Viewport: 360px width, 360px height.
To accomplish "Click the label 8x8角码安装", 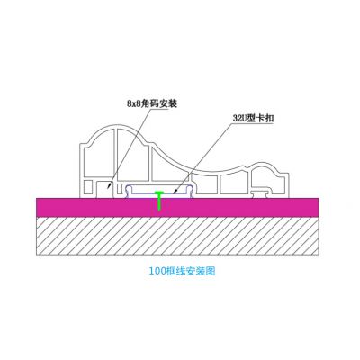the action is [152, 103].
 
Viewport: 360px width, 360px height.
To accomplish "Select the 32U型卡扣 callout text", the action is [254, 118].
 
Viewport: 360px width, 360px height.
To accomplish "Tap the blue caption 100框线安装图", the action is [183, 271].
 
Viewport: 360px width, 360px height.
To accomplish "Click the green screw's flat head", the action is [158, 193].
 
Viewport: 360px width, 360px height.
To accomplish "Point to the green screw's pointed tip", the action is [159, 211].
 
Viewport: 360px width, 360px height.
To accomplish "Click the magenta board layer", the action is [177, 207].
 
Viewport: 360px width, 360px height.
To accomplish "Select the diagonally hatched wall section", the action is [177, 236].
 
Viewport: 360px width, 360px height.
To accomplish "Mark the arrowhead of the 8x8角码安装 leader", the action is [109, 186].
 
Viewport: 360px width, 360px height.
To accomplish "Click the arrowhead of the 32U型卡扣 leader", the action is [175, 191].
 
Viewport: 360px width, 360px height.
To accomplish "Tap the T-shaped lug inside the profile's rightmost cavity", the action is [262, 193].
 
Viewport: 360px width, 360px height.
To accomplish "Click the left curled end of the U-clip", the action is [128, 190].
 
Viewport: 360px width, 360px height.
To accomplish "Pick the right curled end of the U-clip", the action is [191, 190].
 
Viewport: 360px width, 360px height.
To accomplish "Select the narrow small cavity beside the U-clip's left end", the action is [121, 189].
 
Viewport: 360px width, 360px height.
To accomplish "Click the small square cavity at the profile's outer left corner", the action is [88, 187].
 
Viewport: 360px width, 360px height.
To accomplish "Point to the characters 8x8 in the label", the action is [133, 103].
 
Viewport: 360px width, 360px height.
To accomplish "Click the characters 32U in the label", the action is [239, 119].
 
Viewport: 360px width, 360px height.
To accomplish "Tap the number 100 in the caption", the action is [156, 272].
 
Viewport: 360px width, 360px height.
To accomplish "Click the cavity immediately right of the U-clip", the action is [207, 184].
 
